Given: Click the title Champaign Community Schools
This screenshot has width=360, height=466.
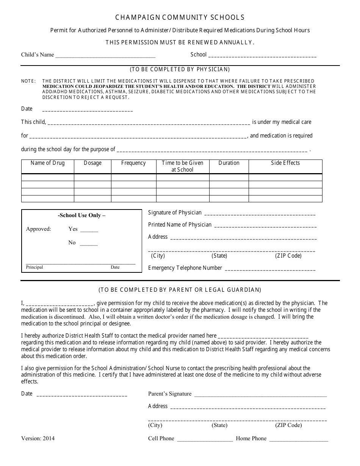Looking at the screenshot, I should pyautogui.click(x=180, y=17).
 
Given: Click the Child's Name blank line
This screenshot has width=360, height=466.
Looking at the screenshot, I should pyautogui.click(x=105, y=56).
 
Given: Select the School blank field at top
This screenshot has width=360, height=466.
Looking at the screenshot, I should pyautogui.click(x=262, y=56).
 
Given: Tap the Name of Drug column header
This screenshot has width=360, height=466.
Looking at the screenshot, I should pyautogui.click(x=48, y=163).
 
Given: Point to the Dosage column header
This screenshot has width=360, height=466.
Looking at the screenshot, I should pyautogui.click(x=92, y=163).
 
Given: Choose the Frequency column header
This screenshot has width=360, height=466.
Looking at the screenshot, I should pyautogui.click(x=133, y=163).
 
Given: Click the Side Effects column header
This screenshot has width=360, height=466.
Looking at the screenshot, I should pyautogui.click(x=285, y=163).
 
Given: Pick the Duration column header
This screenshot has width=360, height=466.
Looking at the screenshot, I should pyautogui.click(x=229, y=163).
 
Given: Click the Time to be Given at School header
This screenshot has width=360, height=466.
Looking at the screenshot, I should pyautogui.click(x=183, y=166).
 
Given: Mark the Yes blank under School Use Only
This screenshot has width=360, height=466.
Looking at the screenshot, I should pyautogui.click(x=89, y=230).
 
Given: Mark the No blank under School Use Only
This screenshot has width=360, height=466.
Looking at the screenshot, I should pyautogui.click(x=89, y=244).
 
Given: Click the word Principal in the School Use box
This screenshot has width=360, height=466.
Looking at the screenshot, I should pyautogui.click(x=34, y=267).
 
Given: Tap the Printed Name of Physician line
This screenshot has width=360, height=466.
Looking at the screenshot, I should pyautogui.click(x=265, y=226).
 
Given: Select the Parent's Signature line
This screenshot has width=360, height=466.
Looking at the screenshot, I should pyautogui.click(x=260, y=395).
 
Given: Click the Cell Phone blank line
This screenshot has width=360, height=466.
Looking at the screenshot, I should pyautogui.click(x=205, y=439).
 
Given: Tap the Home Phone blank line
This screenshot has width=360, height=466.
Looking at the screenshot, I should pyautogui.click(x=299, y=439).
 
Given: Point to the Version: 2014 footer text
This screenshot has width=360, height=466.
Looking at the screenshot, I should pyautogui.click(x=38, y=438).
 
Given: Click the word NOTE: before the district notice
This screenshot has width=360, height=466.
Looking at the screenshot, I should pyautogui.click(x=28, y=81).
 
